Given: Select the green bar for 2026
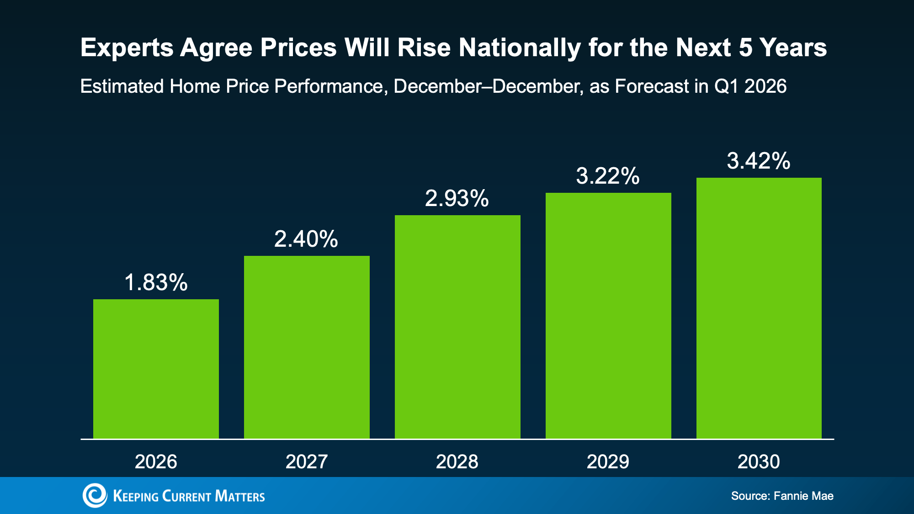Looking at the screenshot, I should pyautogui.click(x=156, y=369).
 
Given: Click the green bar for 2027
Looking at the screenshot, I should pyautogui.click(x=307, y=347).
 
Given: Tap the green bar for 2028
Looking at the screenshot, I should pyautogui.click(x=457, y=327).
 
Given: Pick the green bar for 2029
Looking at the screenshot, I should pyautogui.click(x=608, y=316).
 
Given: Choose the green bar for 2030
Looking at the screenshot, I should pyautogui.click(x=759, y=308).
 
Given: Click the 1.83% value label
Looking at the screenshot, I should pyautogui.click(x=156, y=282).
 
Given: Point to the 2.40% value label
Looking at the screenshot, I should pyautogui.click(x=306, y=239).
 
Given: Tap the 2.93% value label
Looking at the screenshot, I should pyautogui.click(x=457, y=198).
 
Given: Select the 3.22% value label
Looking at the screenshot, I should pyautogui.click(x=608, y=176).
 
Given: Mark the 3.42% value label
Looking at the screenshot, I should pyautogui.click(x=759, y=161).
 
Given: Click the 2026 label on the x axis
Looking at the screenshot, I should pyautogui.click(x=156, y=461).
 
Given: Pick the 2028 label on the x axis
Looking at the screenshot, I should pyautogui.click(x=457, y=461).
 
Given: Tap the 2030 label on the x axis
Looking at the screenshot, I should pyautogui.click(x=759, y=461).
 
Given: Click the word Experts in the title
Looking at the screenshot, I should pyautogui.click(x=127, y=48).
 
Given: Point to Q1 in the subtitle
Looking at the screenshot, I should pyautogui.click(x=726, y=86).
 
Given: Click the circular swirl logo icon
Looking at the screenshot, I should pyautogui.click(x=95, y=495).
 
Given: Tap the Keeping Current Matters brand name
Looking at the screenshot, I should pyautogui.click(x=189, y=496).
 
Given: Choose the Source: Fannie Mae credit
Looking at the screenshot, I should pyautogui.click(x=782, y=496).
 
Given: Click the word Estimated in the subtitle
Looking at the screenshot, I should pyautogui.click(x=122, y=86).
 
